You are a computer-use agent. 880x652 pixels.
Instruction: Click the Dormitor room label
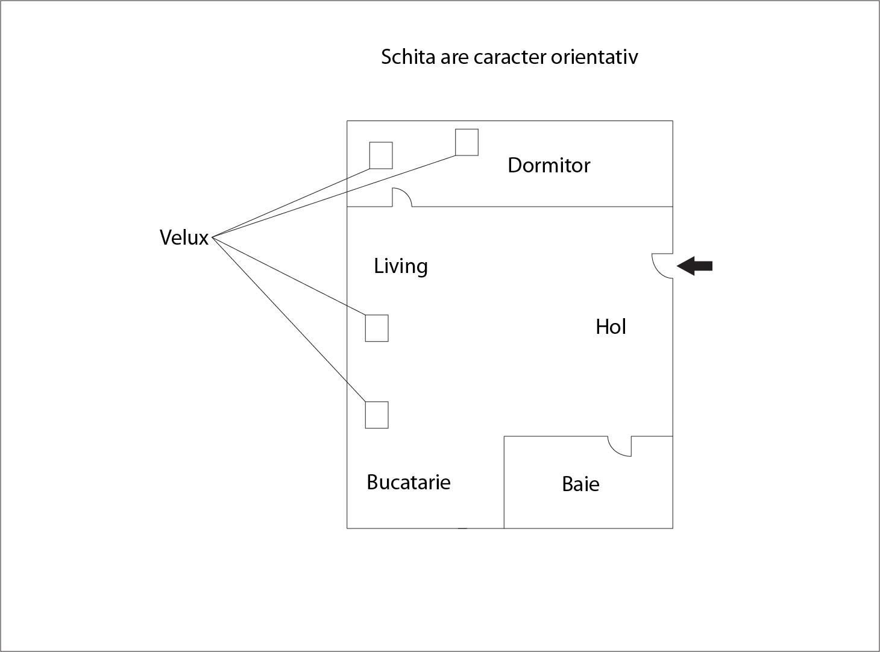pyautogui.click(x=548, y=165)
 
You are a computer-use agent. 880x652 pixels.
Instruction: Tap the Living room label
pyautogui.click(x=401, y=266)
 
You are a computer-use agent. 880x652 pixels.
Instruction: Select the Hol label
pyautogui.click(x=611, y=327)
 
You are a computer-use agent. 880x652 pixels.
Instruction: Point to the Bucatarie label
pyautogui.click(x=409, y=482)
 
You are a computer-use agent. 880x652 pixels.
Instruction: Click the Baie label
pyautogui.click(x=580, y=484)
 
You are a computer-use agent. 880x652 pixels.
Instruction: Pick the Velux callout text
pyautogui.click(x=184, y=237)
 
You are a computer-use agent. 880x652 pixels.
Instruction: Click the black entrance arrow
pyautogui.click(x=695, y=266)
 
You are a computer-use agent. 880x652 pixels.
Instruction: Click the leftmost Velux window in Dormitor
pyautogui.click(x=381, y=155)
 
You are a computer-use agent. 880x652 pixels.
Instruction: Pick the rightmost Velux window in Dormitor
pyautogui.click(x=467, y=142)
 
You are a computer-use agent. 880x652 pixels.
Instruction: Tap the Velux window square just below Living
pyautogui.click(x=377, y=328)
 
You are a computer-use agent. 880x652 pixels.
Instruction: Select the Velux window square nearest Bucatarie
pyautogui.click(x=377, y=415)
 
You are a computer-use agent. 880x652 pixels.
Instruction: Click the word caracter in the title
pyautogui.click(x=510, y=57)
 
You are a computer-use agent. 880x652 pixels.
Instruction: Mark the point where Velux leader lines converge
pyautogui.click(x=213, y=237)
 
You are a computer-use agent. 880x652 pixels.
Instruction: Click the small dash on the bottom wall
pyautogui.click(x=462, y=528)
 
